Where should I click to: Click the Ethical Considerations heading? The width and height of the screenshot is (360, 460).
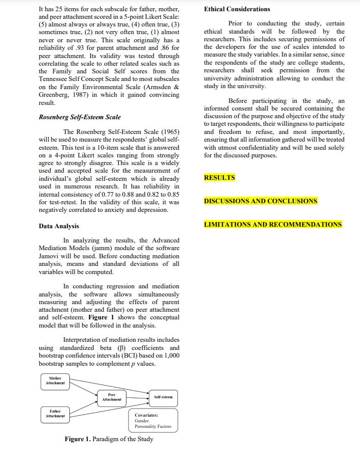point(237,9)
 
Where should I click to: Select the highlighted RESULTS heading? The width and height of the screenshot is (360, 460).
point(220,178)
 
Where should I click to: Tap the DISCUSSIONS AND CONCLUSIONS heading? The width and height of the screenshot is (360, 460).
point(261,201)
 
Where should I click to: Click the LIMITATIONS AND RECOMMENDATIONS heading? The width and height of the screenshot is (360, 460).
point(273,225)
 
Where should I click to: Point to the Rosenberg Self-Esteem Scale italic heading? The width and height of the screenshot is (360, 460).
point(80,117)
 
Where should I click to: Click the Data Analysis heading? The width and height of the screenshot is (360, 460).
point(59,226)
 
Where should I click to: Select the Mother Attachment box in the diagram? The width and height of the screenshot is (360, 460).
point(55,381)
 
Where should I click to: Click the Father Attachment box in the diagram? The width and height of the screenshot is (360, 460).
point(55,414)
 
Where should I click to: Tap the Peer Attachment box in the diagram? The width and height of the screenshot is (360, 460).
point(112,397)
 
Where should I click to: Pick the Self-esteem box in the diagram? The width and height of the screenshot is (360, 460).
point(163,397)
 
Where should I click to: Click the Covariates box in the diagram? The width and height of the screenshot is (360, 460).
point(153,420)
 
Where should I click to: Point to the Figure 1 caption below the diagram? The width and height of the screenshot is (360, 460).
point(109,439)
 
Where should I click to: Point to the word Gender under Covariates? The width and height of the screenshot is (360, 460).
point(142,421)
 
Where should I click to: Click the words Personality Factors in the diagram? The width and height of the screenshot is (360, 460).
point(153,427)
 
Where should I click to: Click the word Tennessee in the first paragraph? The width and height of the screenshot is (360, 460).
point(55,79)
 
